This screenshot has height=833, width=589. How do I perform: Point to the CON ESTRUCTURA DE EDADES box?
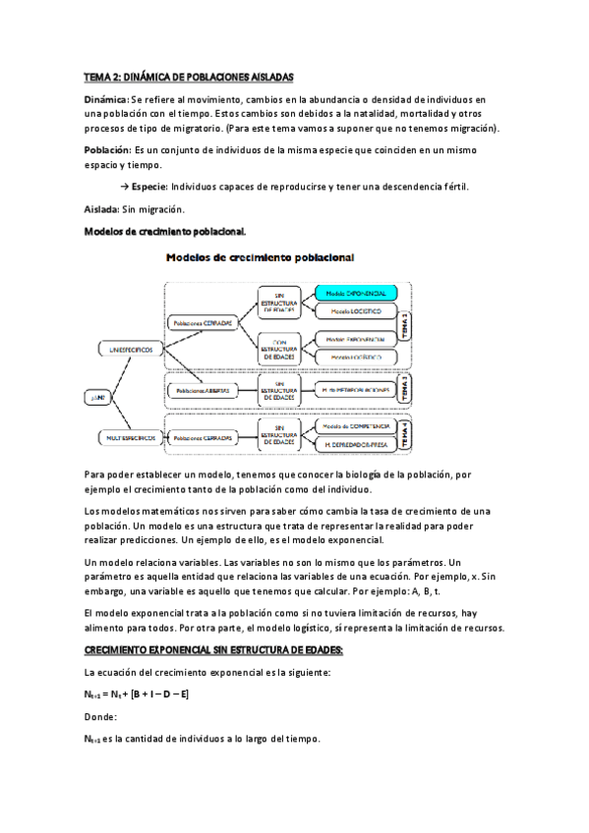[x=279, y=348]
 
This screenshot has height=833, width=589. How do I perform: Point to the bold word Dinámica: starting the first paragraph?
[x=107, y=100]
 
